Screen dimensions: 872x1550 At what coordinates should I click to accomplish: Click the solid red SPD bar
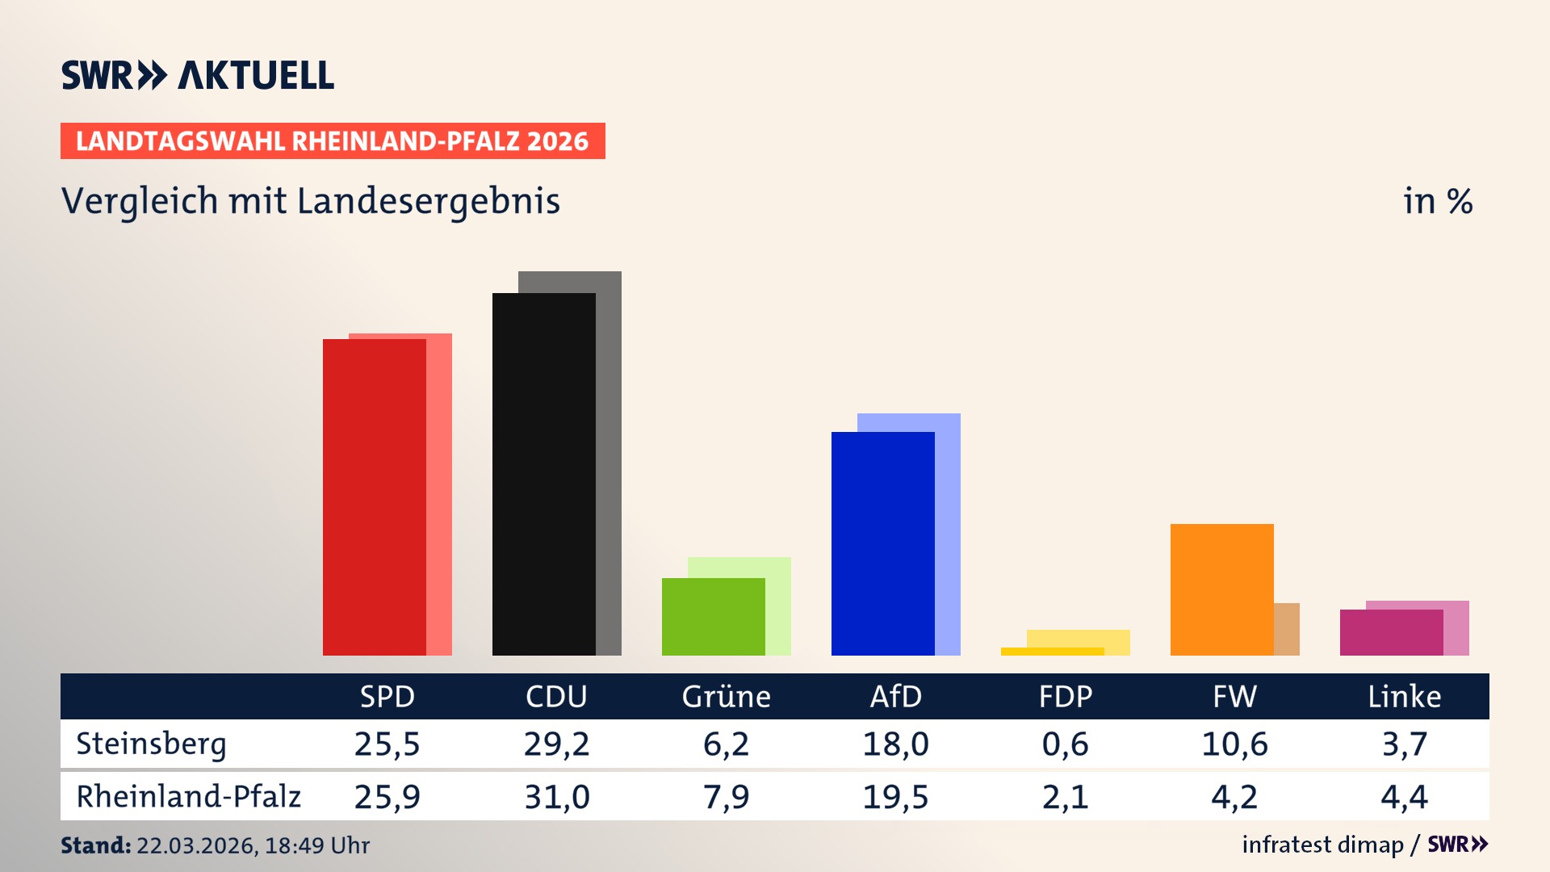tap(374, 497)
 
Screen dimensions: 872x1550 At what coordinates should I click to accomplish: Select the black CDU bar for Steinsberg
tap(543, 474)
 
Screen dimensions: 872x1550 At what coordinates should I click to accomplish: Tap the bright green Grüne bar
tap(713, 616)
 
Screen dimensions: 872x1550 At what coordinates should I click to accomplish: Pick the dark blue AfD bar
tap(882, 543)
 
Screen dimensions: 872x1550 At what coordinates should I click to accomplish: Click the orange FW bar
tap(1221, 589)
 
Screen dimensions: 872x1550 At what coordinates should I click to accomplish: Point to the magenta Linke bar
tap(1391, 632)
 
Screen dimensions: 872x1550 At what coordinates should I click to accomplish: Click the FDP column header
tap(1065, 696)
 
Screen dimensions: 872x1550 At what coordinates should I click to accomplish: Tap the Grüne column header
tap(726, 696)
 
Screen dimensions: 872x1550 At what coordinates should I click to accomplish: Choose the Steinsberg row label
tap(151, 744)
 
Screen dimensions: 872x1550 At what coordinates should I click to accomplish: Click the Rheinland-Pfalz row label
tap(188, 796)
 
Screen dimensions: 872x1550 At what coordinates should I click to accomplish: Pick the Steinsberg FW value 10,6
tap(1234, 744)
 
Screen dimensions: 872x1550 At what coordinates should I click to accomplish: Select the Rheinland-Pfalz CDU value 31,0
tap(556, 797)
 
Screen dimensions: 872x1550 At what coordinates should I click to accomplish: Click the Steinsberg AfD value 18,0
tap(895, 744)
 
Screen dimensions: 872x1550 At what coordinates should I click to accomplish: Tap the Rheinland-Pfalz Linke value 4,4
tap(1404, 797)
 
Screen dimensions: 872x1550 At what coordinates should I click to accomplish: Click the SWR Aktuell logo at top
tap(198, 75)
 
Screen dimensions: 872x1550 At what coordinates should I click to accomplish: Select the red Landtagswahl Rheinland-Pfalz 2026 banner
tap(333, 141)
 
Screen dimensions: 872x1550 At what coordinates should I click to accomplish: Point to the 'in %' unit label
tap(1437, 201)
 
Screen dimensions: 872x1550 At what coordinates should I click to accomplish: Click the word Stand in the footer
tap(95, 845)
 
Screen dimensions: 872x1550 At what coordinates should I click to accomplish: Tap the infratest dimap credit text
tap(1322, 845)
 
